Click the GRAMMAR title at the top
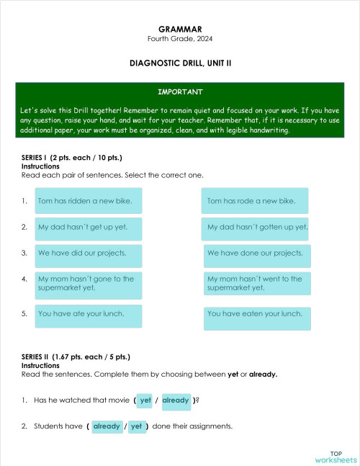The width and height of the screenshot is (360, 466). (180, 29)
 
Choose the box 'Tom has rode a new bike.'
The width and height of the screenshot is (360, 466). (256, 201)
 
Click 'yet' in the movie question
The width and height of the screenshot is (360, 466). (145, 400)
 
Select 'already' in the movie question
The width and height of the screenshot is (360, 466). (176, 400)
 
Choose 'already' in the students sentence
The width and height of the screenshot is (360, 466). (107, 426)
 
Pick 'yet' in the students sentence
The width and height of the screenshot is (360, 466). (136, 426)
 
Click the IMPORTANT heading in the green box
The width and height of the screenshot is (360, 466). (180, 92)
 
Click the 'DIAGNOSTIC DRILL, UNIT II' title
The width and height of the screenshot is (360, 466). (180, 63)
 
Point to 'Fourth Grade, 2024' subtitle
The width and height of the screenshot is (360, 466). (180, 38)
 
